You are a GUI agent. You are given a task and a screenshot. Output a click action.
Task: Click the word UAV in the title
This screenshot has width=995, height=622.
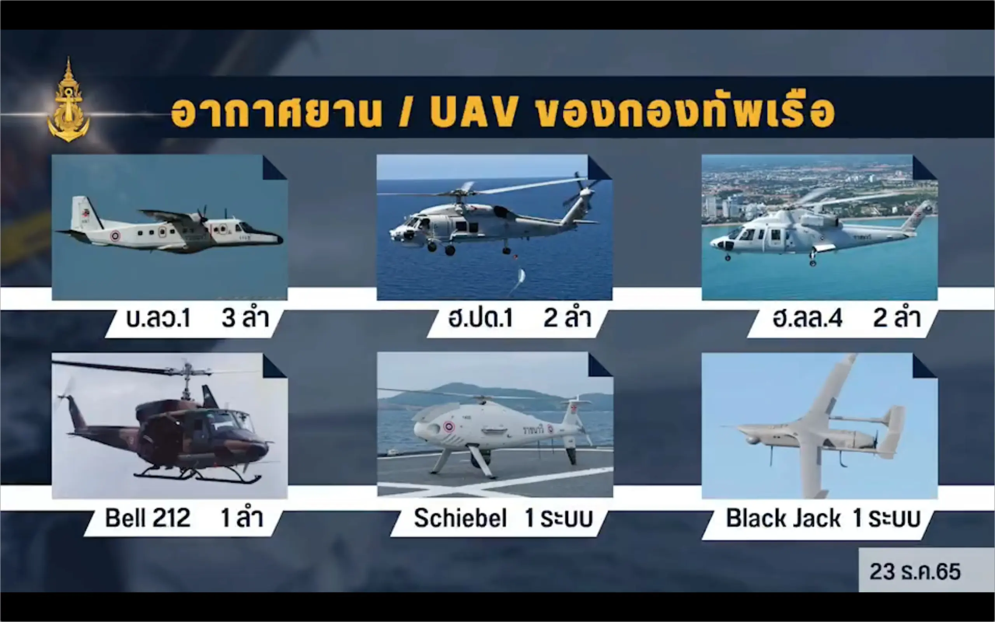[x=474, y=112]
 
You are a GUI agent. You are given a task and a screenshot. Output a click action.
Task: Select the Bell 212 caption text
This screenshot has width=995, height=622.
[x=148, y=517]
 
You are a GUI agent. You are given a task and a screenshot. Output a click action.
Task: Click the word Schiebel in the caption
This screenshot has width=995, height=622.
[x=460, y=517]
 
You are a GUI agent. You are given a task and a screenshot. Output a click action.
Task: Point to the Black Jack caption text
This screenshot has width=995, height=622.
[x=783, y=517]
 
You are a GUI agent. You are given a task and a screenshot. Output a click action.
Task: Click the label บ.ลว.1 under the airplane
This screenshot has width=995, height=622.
[x=158, y=318]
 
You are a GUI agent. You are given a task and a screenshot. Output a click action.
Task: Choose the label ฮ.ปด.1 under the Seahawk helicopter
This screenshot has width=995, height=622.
[x=481, y=318]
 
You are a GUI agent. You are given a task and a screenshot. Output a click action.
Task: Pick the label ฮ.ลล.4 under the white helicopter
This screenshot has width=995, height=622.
[x=807, y=318]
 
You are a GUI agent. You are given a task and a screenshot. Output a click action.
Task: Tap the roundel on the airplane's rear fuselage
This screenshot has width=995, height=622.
[x=115, y=236]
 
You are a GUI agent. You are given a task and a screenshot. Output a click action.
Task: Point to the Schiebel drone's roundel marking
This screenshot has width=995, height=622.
[x=449, y=426]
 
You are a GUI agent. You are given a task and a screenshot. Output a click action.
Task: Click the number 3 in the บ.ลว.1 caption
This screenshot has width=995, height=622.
[x=229, y=318]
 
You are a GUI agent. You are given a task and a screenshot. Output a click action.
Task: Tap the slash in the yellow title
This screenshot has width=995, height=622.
[x=405, y=112]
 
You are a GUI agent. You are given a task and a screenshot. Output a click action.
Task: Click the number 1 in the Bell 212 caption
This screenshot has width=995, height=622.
[x=226, y=517]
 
